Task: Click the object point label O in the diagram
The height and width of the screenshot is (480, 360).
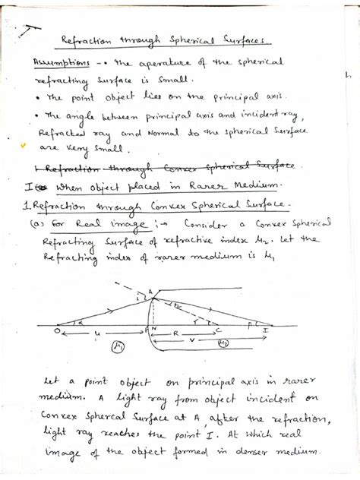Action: (58, 331)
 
